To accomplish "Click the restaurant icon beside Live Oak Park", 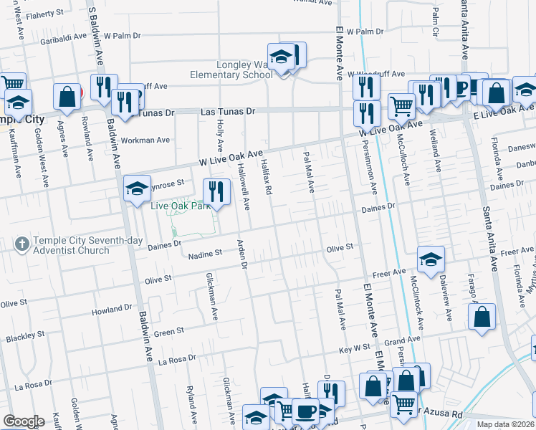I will click(x=216, y=191).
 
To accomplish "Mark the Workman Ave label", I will click(x=145, y=140).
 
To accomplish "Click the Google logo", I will click(x=24, y=421).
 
